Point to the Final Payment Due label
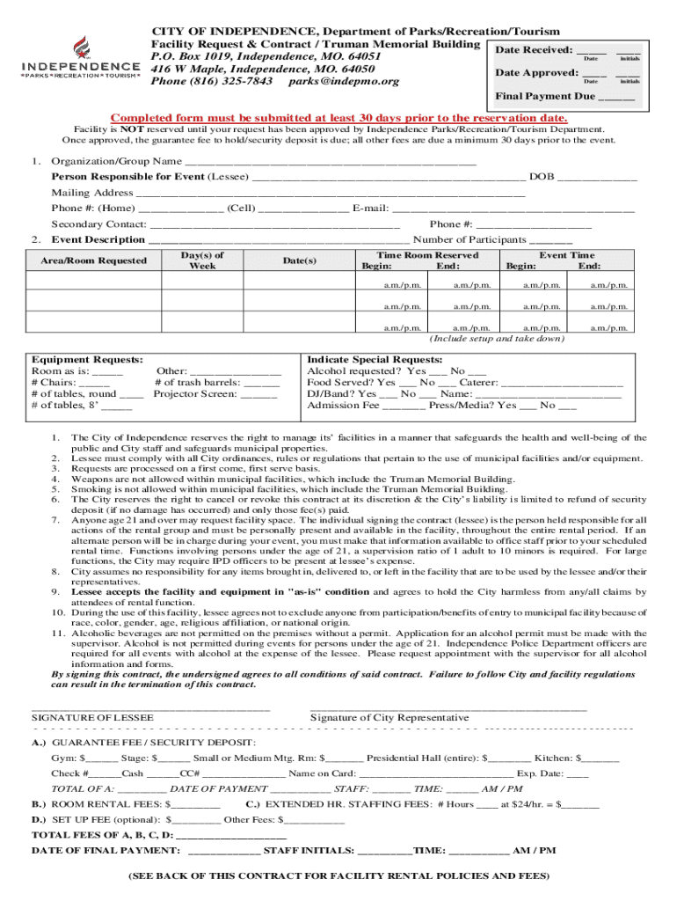coord(544,96)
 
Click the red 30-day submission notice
coord(338,119)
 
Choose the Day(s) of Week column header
coord(202,260)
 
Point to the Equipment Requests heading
coord(87,360)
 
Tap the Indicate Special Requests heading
coord(374,360)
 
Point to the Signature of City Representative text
coord(389,718)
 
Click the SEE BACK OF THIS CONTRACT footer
coord(338,876)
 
